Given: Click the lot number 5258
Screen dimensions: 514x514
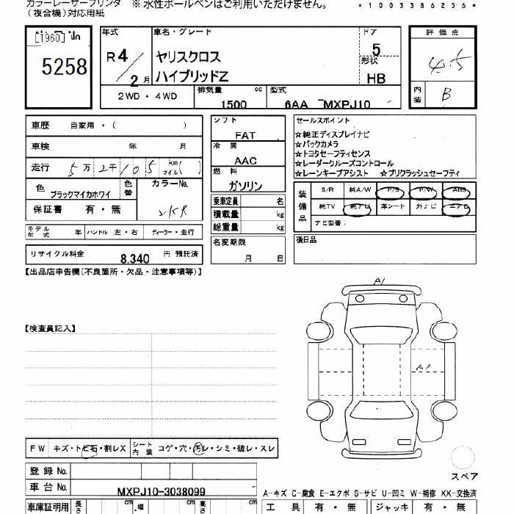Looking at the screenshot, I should [x=65, y=68].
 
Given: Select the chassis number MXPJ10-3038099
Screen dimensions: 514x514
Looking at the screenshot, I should [x=162, y=491].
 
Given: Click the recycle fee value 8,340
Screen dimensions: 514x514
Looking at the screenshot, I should [x=135, y=258].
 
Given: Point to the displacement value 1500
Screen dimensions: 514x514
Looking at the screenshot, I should [x=234, y=104].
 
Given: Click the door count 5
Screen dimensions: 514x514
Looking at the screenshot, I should [x=377, y=51].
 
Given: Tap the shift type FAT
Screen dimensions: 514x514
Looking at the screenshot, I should [x=245, y=136].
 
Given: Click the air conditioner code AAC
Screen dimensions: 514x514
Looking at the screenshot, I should [x=245, y=161].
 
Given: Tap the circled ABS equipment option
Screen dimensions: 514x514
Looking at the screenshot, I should [x=459, y=190].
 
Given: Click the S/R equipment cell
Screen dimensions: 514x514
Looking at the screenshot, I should [x=327, y=190].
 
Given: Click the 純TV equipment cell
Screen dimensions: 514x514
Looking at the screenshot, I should [x=327, y=207].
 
